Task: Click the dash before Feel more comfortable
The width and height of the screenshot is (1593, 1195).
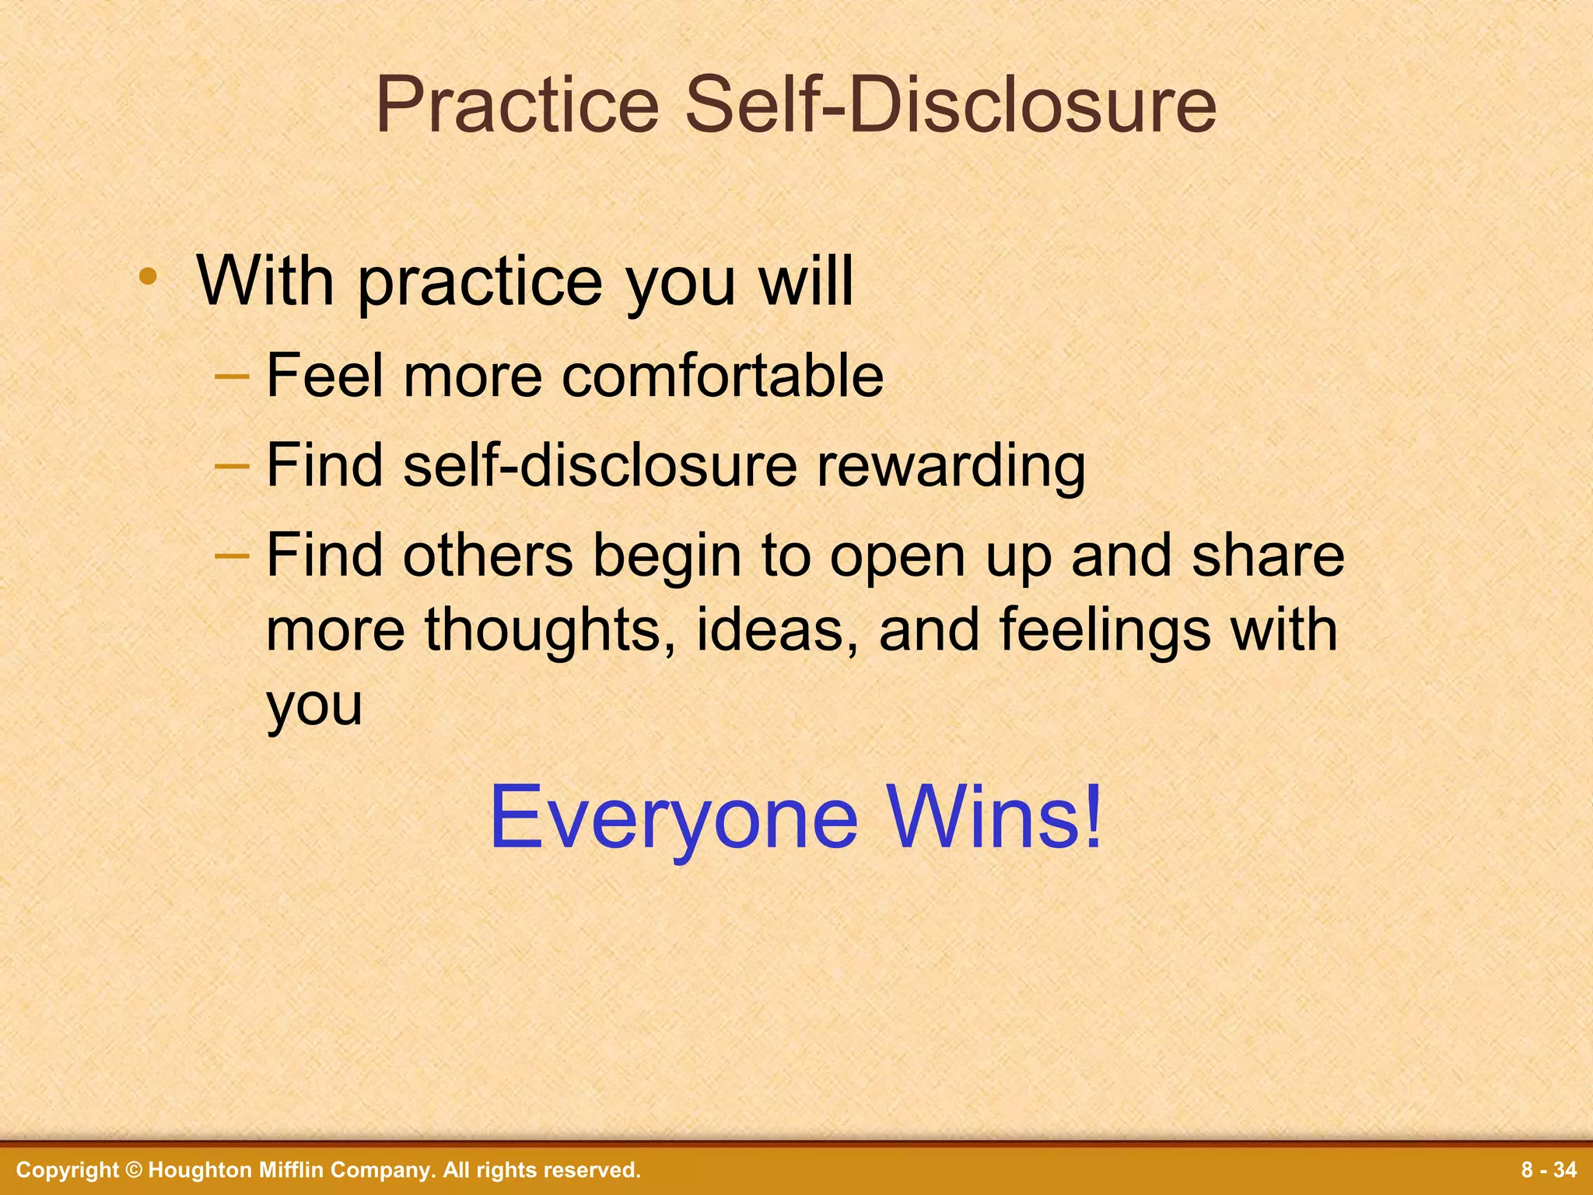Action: point(232,377)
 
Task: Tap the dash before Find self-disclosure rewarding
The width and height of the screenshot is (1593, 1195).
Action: point(232,466)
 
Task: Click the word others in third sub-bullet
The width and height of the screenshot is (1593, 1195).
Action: point(488,555)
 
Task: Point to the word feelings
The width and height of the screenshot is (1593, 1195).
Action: point(1105,630)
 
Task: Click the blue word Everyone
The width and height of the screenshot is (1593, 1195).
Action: point(673,818)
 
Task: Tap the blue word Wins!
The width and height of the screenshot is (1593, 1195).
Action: point(996,817)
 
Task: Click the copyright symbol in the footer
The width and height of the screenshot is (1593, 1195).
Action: point(134,1170)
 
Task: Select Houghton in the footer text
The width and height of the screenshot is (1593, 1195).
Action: point(198,1170)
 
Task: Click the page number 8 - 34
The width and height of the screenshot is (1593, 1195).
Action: point(1549,1170)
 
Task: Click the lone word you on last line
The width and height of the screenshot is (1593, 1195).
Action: point(314,705)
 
